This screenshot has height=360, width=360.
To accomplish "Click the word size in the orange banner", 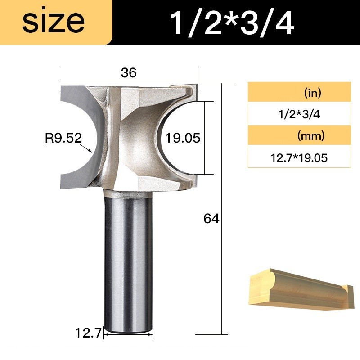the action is (54, 22).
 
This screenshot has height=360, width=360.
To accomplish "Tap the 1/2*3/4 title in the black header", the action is (232, 23).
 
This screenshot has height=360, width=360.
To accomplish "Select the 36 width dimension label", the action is (129, 72).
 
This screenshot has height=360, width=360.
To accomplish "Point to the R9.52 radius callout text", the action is (63, 138).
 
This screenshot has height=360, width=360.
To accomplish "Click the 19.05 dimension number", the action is (183, 138).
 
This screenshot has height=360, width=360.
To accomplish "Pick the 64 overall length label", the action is (211, 218).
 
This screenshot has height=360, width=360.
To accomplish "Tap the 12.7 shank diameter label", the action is (88, 333).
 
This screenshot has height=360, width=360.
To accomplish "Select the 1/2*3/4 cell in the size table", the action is (299, 114).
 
